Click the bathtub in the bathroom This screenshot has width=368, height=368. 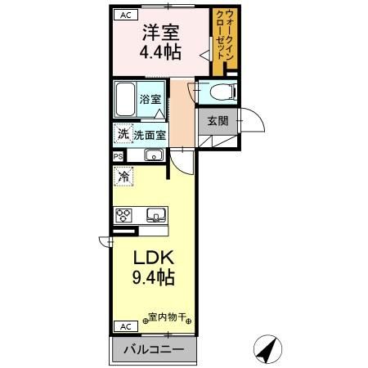click(x=125, y=100)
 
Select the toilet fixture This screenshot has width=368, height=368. click(x=217, y=93)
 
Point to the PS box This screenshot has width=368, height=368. click(x=118, y=155)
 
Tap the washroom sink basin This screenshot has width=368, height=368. click(x=152, y=155)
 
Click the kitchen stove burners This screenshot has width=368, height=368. click(x=124, y=216)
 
